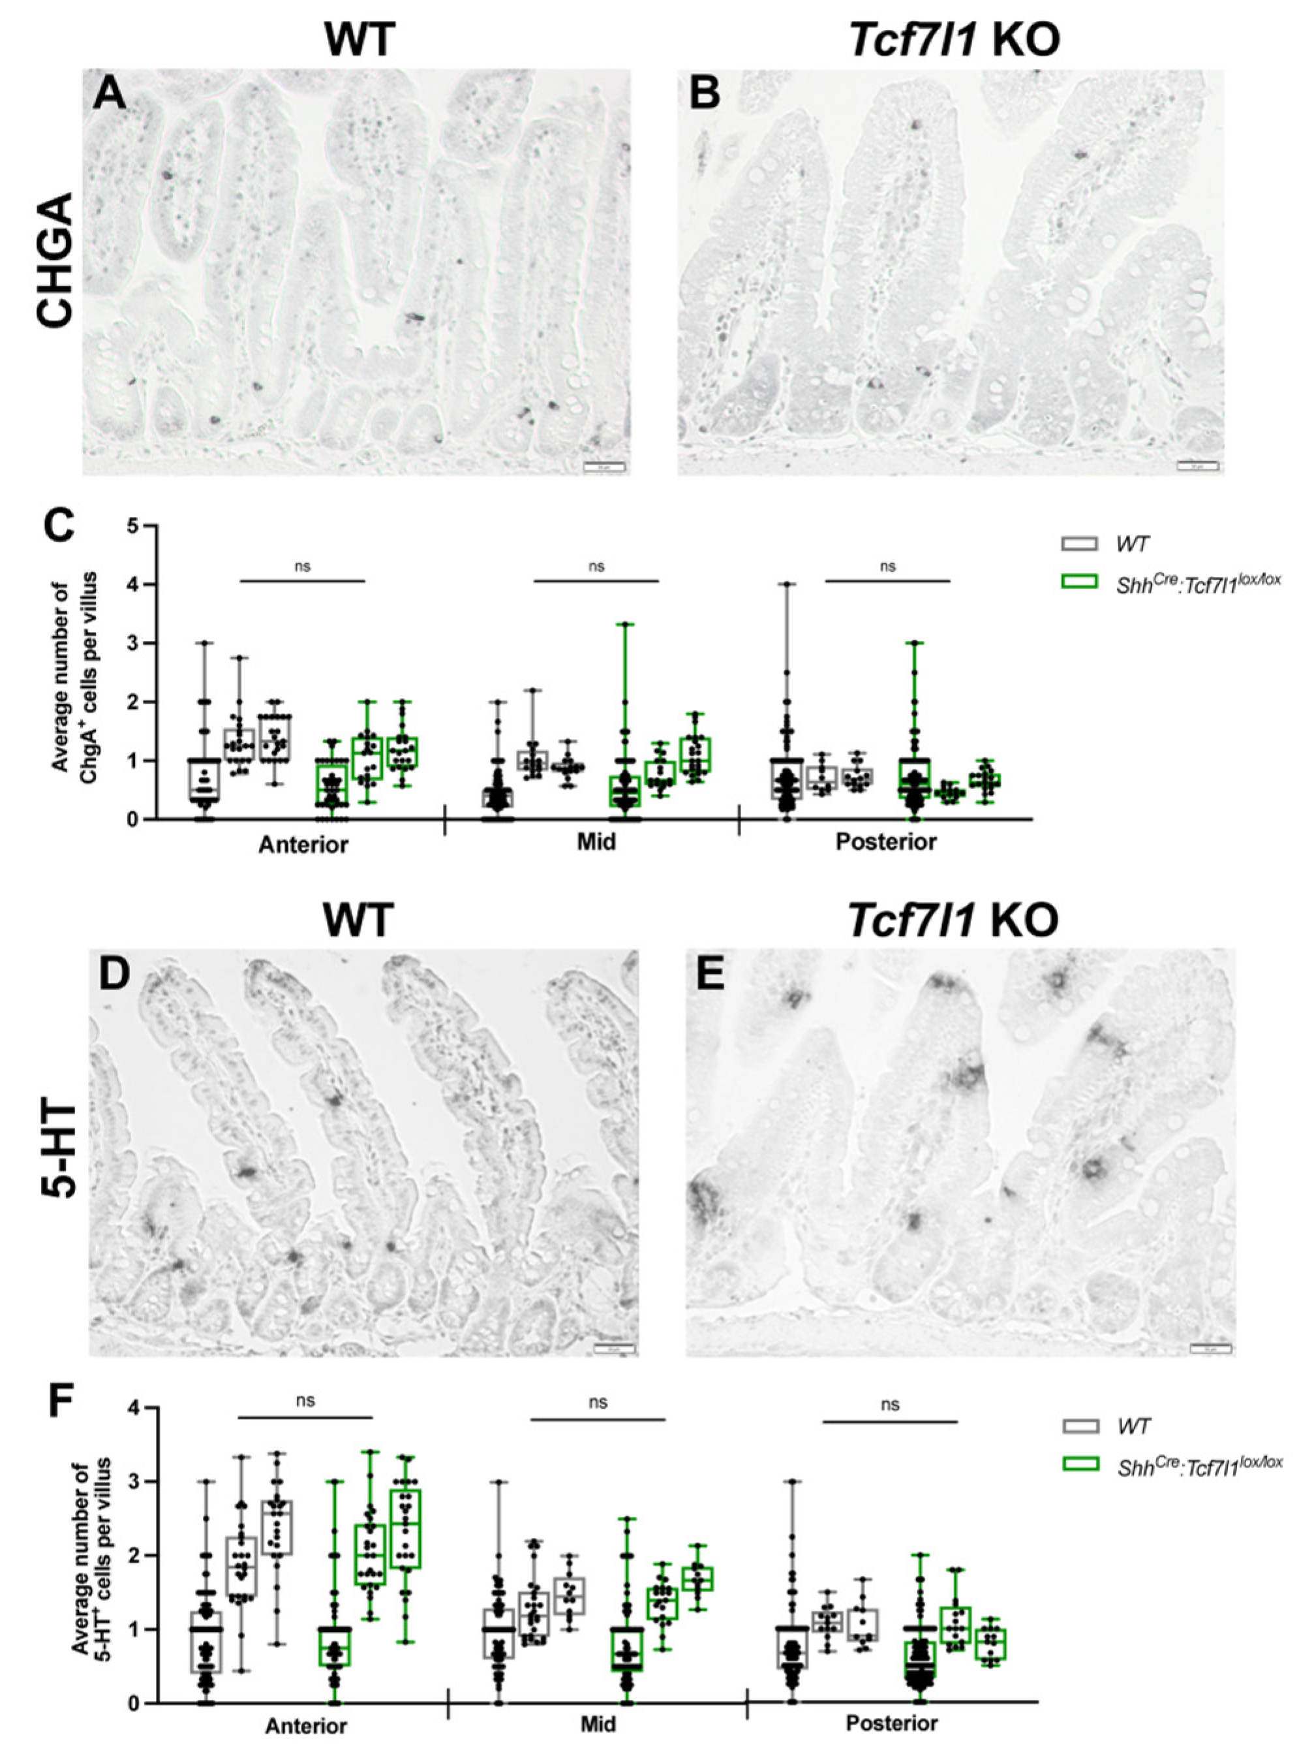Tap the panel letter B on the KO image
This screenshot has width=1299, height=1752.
tap(705, 96)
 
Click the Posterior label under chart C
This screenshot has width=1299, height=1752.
tap(886, 843)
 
